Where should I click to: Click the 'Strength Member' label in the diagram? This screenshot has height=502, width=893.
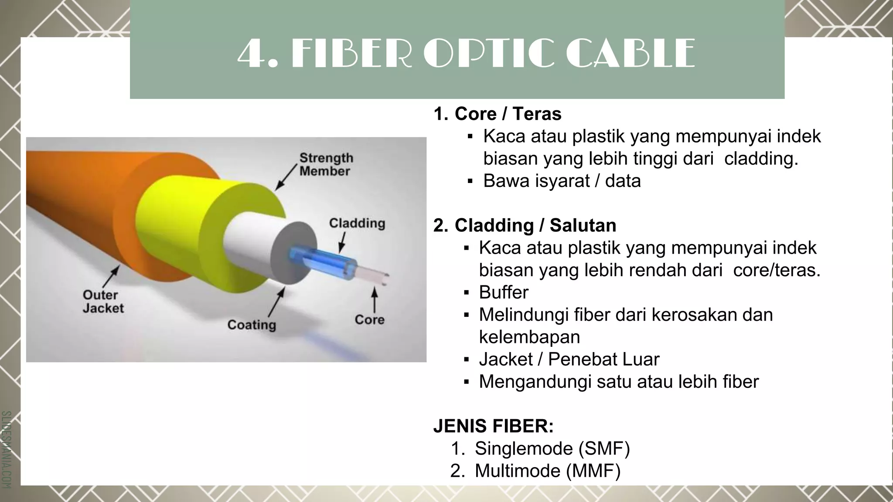[326, 164]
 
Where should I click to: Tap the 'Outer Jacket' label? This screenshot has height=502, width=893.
[103, 301]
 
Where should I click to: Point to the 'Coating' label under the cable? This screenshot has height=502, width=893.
[252, 325]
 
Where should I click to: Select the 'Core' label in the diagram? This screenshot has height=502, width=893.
[369, 319]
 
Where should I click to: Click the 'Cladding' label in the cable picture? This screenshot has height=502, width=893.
[357, 223]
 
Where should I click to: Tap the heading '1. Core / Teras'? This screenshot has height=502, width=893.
[497, 114]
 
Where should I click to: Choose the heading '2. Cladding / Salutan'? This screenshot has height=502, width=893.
[525, 225]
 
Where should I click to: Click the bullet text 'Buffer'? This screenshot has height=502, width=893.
[504, 292]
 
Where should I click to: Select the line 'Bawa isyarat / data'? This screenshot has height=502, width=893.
[562, 181]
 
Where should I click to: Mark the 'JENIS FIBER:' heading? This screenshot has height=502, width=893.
[493, 426]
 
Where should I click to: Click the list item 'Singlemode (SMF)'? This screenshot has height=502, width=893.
[552, 448]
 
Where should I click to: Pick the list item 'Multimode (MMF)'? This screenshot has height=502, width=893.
[547, 471]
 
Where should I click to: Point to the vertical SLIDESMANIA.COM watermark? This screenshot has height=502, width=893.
[6, 449]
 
